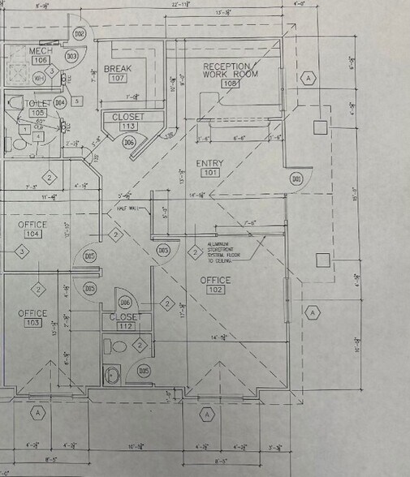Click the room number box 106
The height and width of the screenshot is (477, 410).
click(41, 60)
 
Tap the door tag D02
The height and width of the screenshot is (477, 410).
click(80, 34)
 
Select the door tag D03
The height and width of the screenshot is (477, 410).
click(71, 56)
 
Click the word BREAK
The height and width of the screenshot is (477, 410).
click(118, 70)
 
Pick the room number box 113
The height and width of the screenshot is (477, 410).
click(128, 127)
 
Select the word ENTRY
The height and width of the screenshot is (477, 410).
click(209, 163)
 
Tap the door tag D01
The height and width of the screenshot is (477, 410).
click(297, 178)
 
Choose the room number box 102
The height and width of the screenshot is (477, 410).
click(216, 290)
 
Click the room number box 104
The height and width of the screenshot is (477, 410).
click(32, 234)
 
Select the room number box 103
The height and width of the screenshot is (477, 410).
click(32, 323)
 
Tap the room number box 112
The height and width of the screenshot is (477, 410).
click(124, 327)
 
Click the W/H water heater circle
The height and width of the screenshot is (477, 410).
click(38, 78)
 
